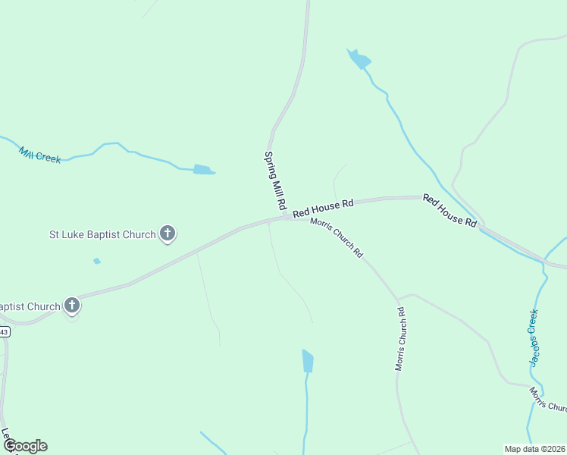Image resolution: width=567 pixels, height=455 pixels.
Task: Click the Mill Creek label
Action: point(39,154)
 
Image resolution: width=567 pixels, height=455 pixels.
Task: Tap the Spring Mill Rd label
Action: point(274,180)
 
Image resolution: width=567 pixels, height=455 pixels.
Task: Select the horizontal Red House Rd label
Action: point(324,205)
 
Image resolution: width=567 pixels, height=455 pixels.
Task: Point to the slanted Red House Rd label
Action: point(450,211)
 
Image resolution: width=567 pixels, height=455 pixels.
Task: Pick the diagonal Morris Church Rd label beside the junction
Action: point(337,239)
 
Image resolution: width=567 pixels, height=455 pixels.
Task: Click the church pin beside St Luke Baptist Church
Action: point(168,234)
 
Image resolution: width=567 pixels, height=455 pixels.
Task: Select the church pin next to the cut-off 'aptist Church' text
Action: point(72,306)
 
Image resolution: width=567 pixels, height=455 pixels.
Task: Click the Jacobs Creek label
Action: point(534,337)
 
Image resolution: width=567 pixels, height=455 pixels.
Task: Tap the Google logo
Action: point(25,446)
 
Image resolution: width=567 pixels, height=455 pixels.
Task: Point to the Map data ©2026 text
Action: point(534,449)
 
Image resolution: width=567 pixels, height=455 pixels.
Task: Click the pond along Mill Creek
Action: point(203,170)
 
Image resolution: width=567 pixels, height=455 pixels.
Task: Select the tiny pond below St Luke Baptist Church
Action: point(96,262)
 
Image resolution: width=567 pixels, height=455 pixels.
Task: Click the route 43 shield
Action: point(4,332)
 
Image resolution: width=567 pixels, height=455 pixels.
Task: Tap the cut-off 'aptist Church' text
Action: point(30,306)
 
